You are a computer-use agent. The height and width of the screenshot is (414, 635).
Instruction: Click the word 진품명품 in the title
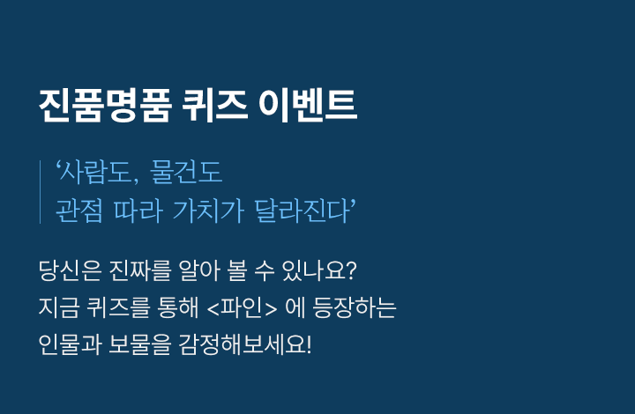tap(105, 105)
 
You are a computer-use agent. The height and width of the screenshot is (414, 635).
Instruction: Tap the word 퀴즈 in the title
tap(214, 105)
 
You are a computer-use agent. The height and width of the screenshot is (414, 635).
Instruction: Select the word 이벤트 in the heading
tap(308, 105)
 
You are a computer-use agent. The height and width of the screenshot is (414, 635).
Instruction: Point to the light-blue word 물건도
tap(186, 173)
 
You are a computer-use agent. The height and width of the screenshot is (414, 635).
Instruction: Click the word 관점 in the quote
tap(79, 211)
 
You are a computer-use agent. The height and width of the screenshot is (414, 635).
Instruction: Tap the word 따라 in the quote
tap(138, 211)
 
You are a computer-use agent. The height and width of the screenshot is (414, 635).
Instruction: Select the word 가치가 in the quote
tap(208, 211)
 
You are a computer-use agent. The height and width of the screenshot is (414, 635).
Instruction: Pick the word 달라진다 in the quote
tap(303, 211)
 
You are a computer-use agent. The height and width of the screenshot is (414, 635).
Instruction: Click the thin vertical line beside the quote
tap(40, 192)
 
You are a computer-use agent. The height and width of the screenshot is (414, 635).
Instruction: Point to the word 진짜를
tap(139, 270)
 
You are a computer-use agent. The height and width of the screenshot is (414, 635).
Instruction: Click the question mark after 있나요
tap(352, 271)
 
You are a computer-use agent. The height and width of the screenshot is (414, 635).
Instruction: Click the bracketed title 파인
tap(243, 308)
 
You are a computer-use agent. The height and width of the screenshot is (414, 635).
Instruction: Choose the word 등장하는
tap(354, 307)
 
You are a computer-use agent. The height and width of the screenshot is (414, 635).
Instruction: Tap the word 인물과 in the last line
tap(70, 345)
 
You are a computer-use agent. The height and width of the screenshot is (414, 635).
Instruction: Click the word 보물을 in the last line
tap(139, 345)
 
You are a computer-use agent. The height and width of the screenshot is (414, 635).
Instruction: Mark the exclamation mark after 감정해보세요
tap(309, 345)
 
